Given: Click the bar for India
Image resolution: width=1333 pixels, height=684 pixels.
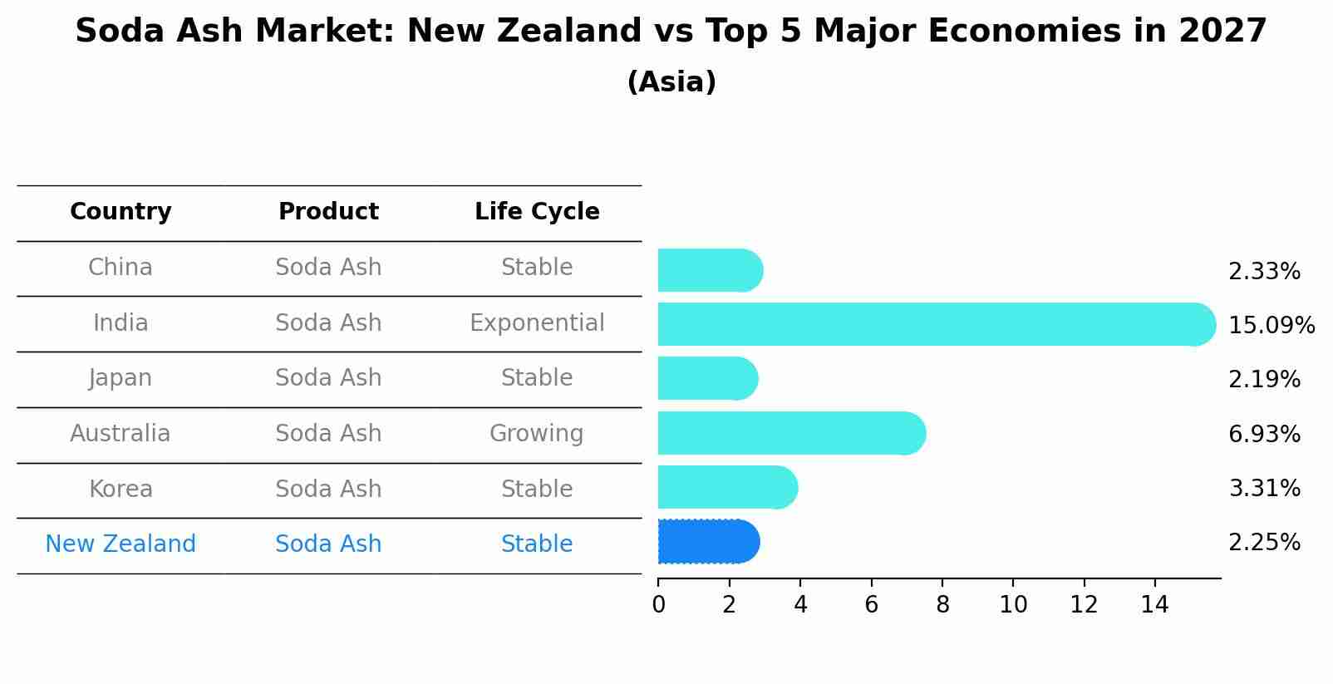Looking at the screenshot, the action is tap(937, 324).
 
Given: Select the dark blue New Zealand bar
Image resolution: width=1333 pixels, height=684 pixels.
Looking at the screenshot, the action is tap(709, 542).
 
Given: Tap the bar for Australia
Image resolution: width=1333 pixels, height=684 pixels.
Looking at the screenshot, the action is tap(792, 433).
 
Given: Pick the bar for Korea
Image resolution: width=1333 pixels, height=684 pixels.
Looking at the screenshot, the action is tap(728, 488).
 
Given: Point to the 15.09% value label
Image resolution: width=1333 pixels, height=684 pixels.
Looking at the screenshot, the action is tap(1272, 325).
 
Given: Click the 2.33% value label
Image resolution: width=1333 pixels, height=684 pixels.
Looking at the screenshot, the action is tap(1265, 272).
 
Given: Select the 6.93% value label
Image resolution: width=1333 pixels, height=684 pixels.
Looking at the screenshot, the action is tap(1265, 434).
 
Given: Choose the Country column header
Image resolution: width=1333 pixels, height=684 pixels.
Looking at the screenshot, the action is tap(121, 211).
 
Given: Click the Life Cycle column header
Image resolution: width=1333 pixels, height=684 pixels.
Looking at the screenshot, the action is tap(537, 211).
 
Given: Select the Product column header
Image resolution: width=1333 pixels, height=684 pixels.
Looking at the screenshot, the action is tap(328, 211).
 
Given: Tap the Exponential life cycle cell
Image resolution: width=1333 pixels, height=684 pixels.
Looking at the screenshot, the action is tap(537, 322).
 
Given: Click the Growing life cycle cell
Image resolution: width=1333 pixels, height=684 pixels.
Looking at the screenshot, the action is tap(537, 433).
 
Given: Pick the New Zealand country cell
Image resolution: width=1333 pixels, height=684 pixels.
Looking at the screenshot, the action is tap(121, 544).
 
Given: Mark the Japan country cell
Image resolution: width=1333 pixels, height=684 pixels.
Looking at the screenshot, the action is tap(121, 378).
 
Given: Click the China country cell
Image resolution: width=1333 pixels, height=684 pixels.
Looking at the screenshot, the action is tap(121, 268).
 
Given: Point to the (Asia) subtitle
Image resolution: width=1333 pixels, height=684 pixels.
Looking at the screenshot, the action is tap(671, 81).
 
